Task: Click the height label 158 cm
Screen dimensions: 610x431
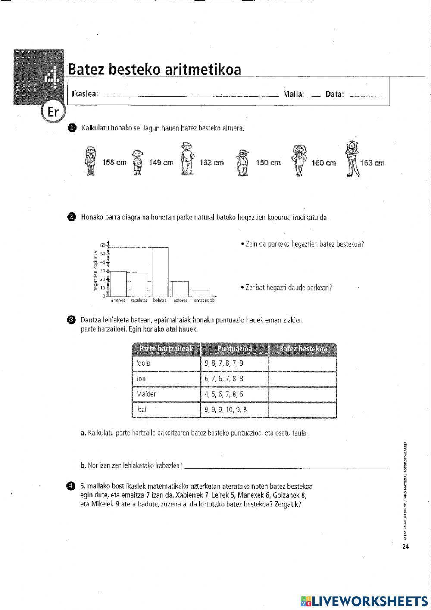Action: click(114, 163)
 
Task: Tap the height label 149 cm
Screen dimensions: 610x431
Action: click(160, 163)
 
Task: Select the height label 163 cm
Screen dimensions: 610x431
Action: click(372, 163)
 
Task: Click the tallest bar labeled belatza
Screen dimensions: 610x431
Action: click(160, 272)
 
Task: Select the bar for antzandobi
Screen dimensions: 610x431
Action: click(201, 293)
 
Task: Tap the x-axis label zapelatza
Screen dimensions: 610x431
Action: click(139, 300)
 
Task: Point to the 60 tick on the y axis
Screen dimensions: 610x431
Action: click(103, 246)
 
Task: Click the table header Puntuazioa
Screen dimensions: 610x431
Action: click(234, 349)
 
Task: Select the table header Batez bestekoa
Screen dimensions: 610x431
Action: click(303, 349)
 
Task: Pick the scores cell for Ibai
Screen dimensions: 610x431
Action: click(234, 410)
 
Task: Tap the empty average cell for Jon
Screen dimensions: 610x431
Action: click(303, 379)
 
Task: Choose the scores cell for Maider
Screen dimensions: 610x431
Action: click(234, 394)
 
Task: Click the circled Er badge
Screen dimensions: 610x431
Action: click(53, 112)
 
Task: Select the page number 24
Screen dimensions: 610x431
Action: click(405, 547)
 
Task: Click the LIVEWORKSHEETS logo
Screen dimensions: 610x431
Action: click(364, 601)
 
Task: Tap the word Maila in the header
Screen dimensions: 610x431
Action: click(293, 94)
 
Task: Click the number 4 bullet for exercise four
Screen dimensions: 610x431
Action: click(71, 486)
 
